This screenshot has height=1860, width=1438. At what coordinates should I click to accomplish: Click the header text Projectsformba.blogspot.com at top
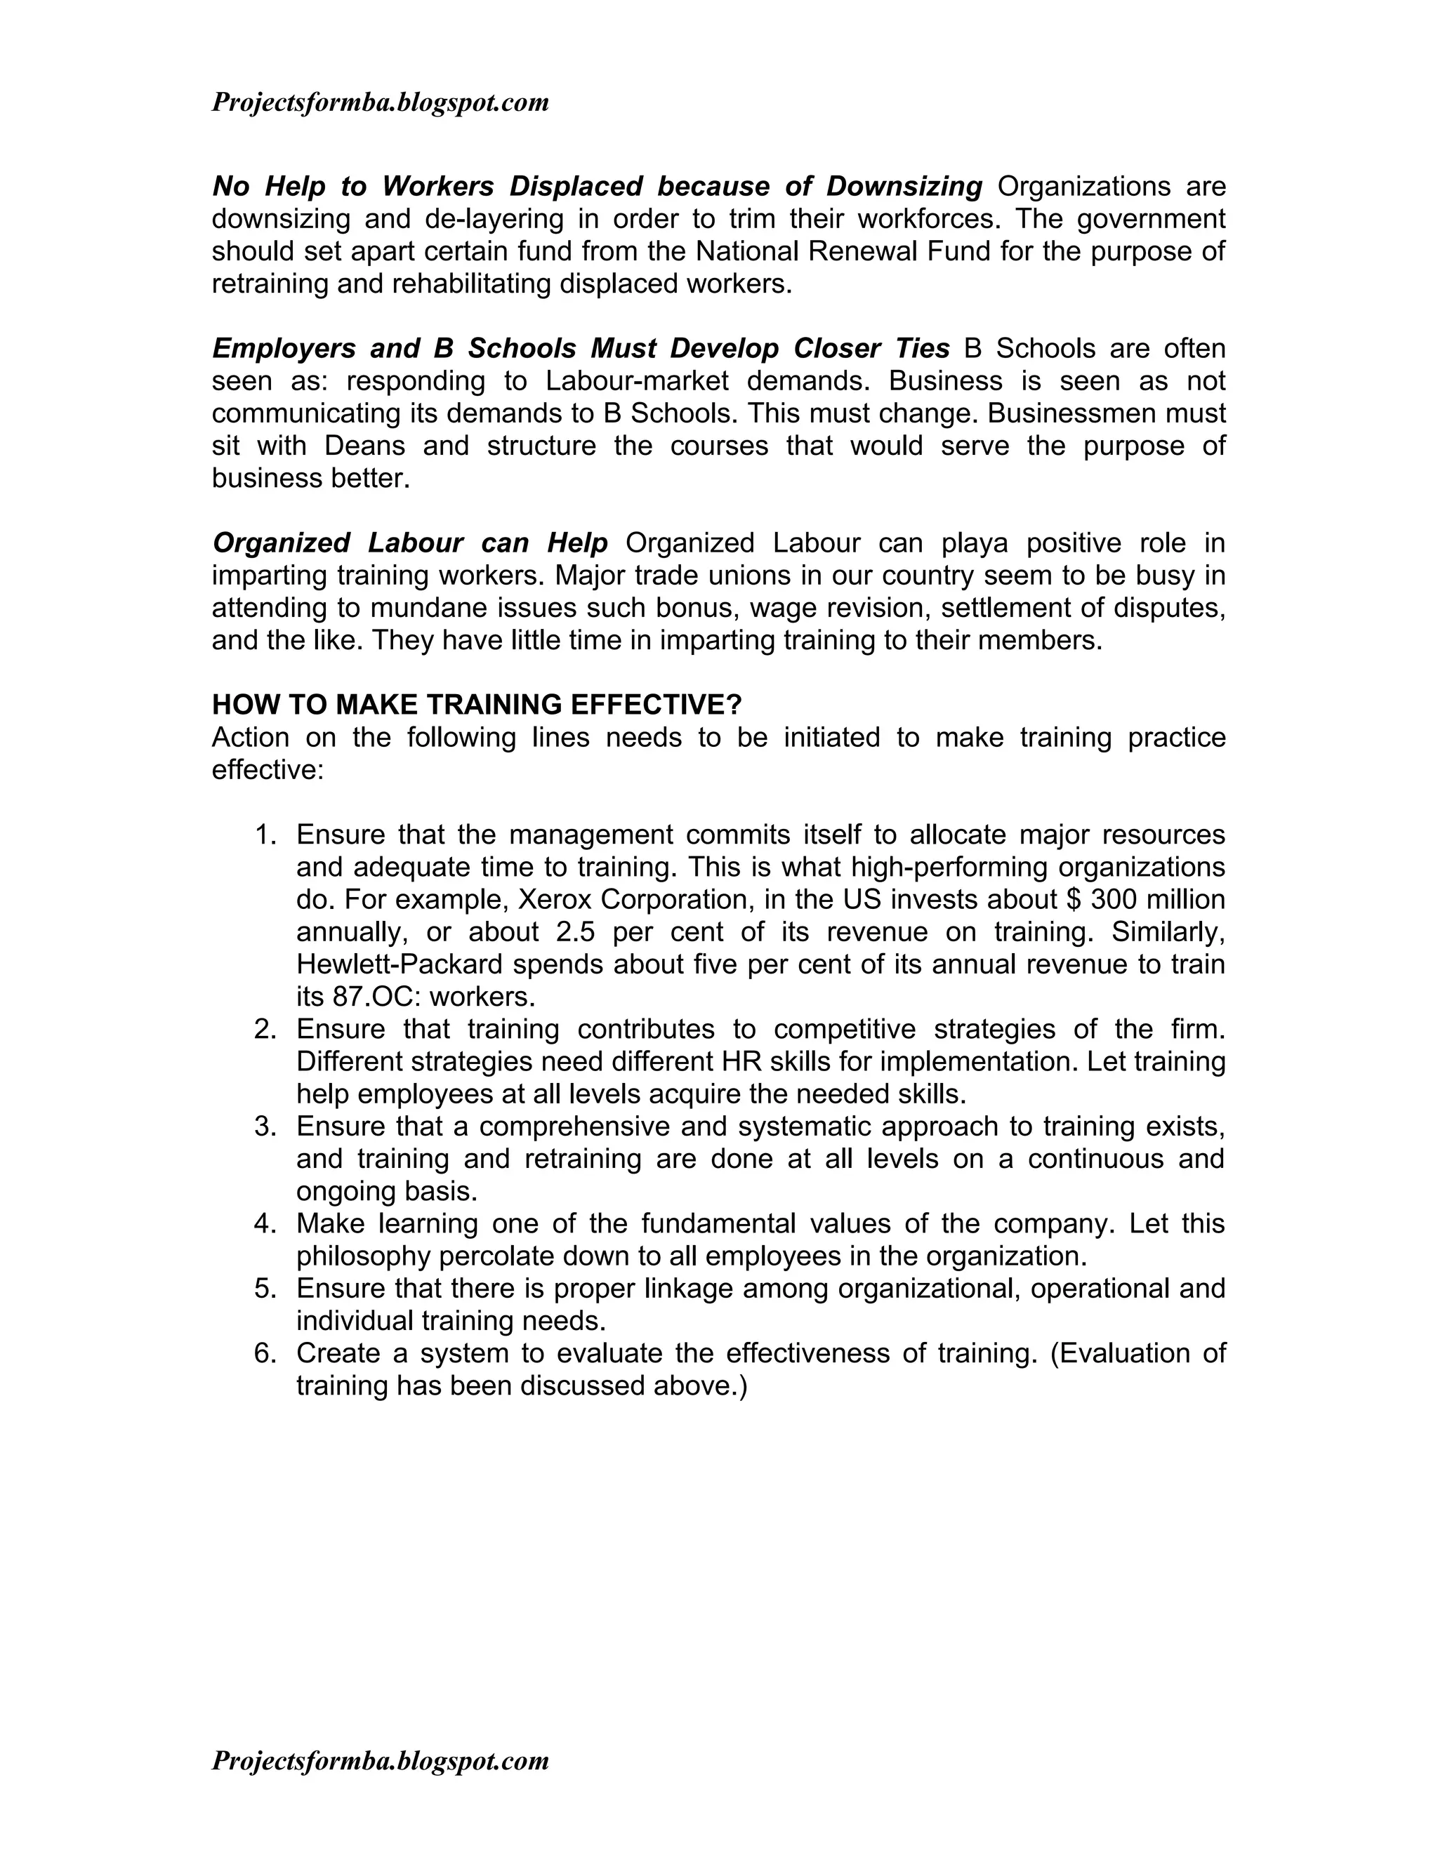coord(380,103)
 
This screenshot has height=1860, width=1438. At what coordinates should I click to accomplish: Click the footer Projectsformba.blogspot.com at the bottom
coord(380,1760)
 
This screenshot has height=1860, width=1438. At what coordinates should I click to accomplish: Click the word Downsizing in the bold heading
coord(904,186)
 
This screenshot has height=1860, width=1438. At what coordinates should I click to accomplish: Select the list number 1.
coord(265,835)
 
